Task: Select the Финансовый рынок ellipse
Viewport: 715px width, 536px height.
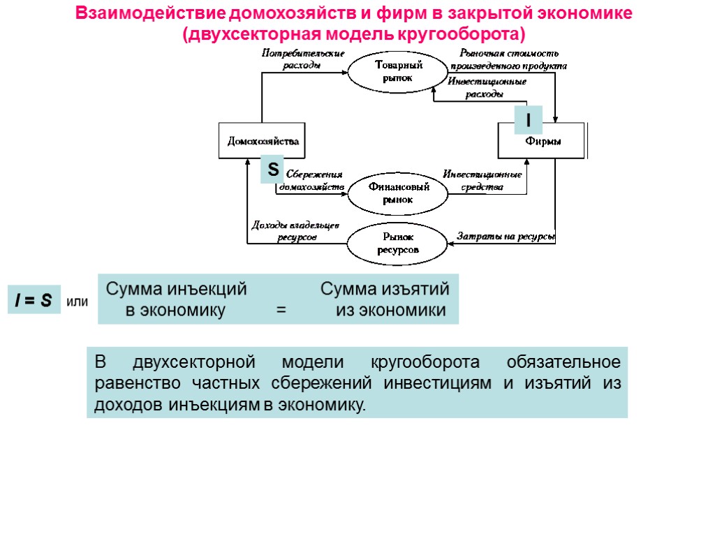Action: (397, 193)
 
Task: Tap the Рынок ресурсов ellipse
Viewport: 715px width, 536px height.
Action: (398, 243)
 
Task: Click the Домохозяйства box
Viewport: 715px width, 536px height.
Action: (263, 141)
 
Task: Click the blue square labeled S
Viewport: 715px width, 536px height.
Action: (272, 169)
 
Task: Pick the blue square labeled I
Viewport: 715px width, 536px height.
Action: (528, 121)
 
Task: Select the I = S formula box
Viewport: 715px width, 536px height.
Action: (34, 301)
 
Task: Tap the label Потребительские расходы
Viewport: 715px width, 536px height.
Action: (302, 59)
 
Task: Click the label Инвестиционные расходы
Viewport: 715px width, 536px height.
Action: (486, 88)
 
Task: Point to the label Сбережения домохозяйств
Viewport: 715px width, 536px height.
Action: (312, 180)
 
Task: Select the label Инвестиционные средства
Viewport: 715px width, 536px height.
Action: (482, 180)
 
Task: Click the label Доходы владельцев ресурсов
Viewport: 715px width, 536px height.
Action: (295, 231)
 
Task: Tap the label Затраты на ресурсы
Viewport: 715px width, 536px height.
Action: (506, 237)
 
